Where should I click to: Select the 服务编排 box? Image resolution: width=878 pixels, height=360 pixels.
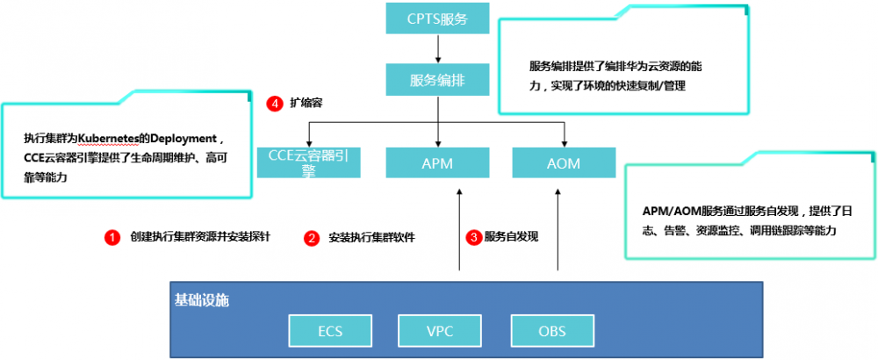tap(437, 80)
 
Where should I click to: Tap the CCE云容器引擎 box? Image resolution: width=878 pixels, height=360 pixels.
tap(308, 162)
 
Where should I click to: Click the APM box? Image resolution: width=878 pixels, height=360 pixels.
tap(437, 162)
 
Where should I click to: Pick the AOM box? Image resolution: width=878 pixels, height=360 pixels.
tap(564, 162)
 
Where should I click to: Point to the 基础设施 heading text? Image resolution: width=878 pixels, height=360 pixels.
tap(201, 300)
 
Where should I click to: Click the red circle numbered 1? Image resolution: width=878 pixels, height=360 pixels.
tap(112, 237)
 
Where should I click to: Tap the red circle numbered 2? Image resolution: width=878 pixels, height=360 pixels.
tap(311, 237)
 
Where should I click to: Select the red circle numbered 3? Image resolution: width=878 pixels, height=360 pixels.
tap(473, 237)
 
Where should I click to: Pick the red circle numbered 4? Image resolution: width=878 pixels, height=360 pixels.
tap(274, 104)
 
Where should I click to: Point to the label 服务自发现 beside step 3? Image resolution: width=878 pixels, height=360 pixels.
tap(511, 237)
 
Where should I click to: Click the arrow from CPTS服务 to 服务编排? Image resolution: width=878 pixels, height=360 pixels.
tap(437, 49)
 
